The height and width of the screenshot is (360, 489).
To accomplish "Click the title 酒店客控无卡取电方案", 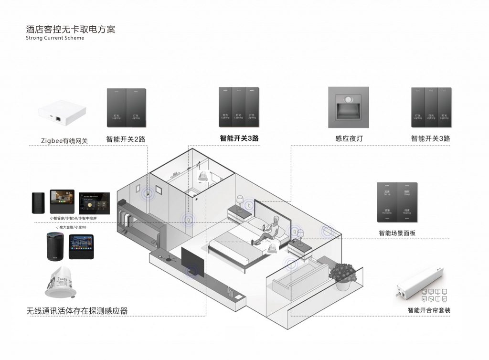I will (70, 29).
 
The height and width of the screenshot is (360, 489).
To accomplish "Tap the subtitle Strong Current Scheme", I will (55, 38).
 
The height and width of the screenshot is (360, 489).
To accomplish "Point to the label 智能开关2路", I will (126, 139).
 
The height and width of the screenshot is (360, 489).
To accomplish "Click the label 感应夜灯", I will (349, 139).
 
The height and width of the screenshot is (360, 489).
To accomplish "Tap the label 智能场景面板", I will (397, 233).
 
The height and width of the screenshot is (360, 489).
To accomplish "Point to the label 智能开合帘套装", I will (429, 310).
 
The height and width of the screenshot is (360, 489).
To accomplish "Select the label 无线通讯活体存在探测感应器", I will (77, 311).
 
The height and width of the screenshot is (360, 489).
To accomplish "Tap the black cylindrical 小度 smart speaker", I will (56, 246).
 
